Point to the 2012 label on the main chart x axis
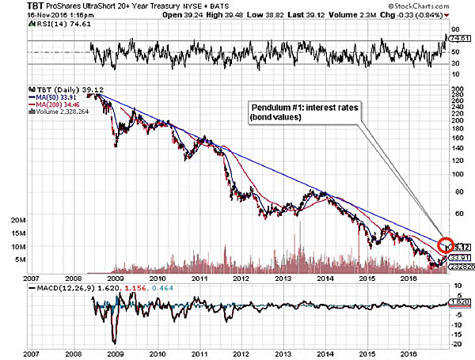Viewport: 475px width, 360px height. point(241,278)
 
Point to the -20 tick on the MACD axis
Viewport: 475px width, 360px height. point(456,343)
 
